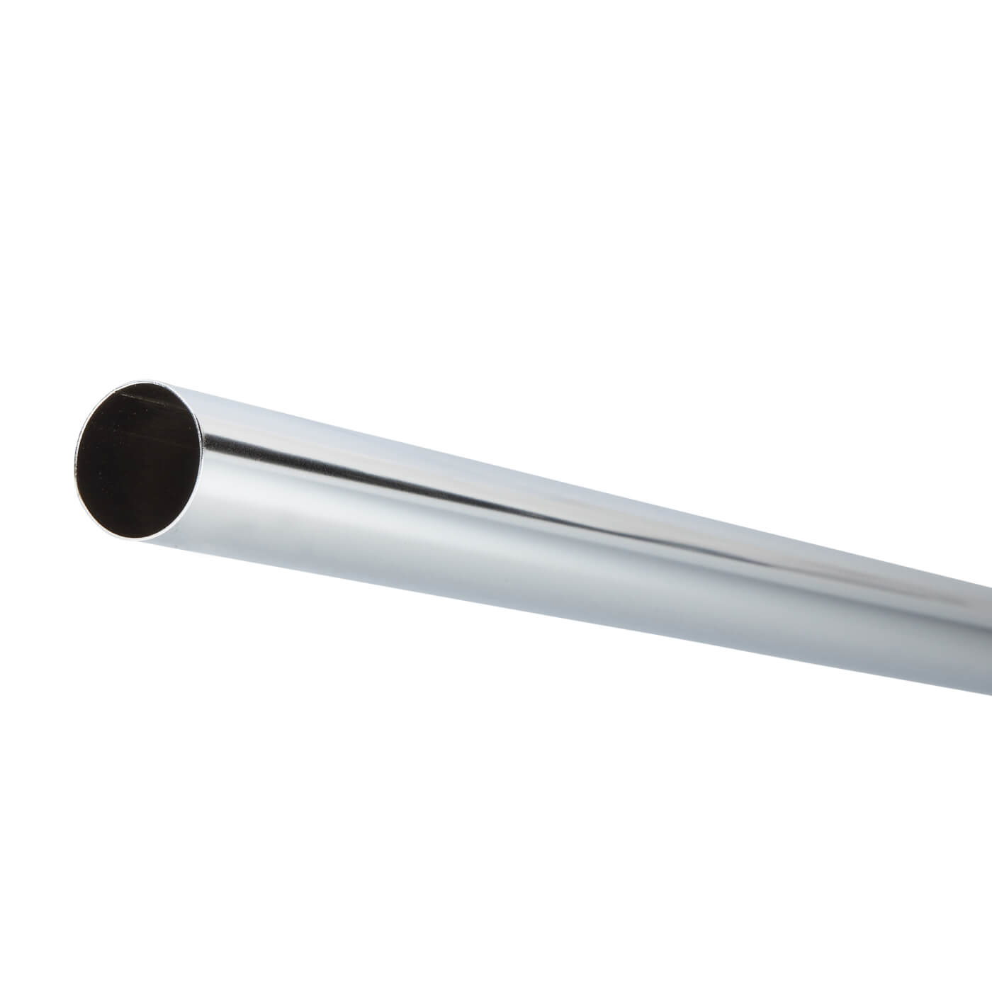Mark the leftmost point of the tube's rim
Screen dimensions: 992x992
click(73, 464)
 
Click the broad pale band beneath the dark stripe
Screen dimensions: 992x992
click(425, 524)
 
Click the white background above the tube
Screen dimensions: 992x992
click(496, 213)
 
